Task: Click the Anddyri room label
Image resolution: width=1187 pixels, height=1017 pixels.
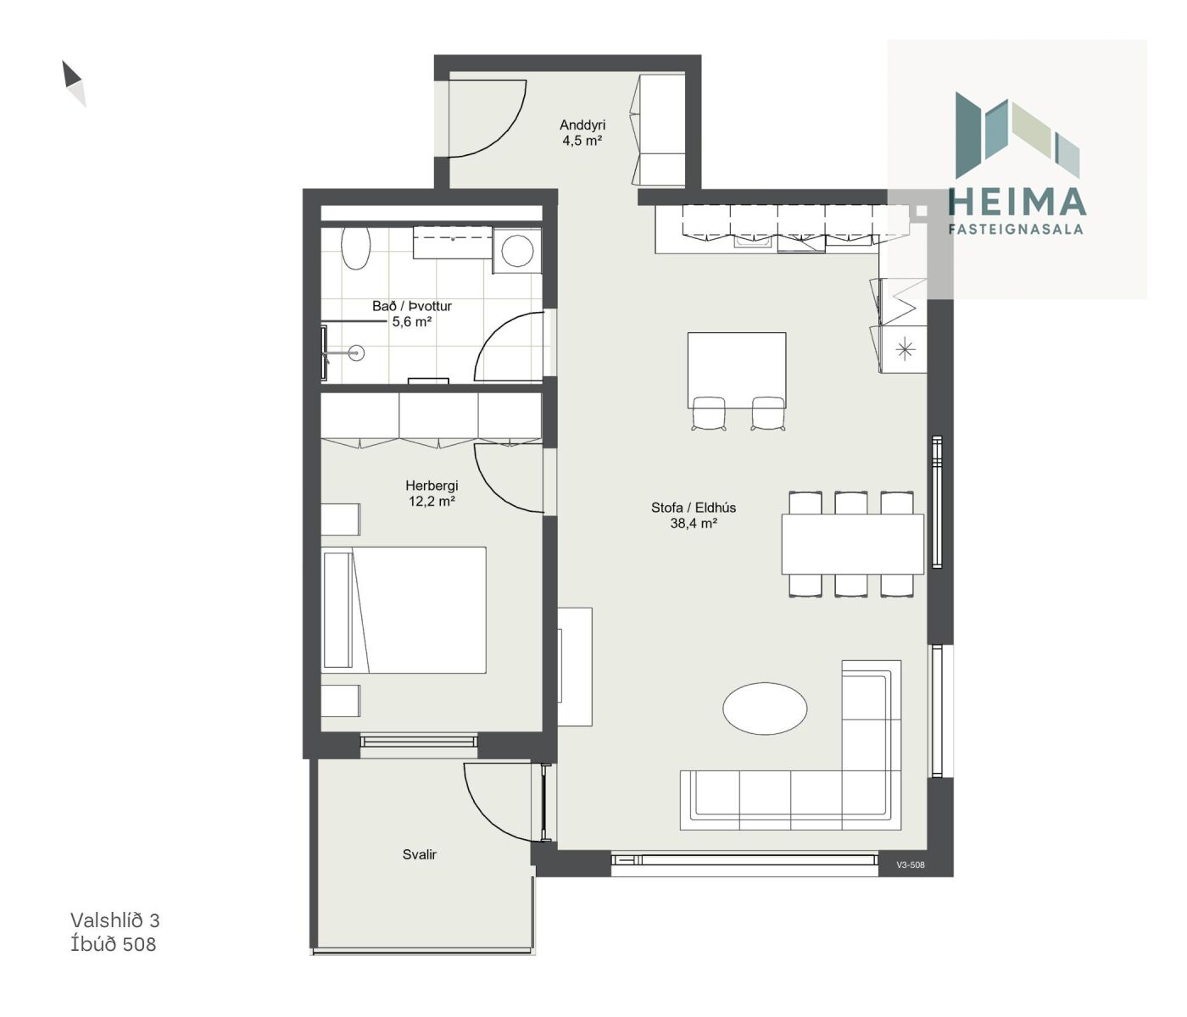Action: click(x=582, y=125)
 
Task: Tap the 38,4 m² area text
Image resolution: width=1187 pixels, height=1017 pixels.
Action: click(x=694, y=524)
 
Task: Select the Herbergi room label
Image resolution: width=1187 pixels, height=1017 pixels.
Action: click(x=432, y=486)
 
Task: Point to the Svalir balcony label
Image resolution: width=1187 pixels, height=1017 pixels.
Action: click(x=419, y=854)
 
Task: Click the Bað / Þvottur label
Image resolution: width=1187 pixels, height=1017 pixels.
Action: click(x=412, y=306)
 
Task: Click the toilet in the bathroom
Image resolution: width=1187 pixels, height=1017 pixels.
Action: click(x=355, y=248)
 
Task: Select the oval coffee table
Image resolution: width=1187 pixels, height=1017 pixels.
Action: click(x=764, y=709)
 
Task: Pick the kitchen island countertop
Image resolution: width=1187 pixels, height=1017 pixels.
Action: click(x=737, y=370)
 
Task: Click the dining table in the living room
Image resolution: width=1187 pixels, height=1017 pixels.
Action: click(x=852, y=543)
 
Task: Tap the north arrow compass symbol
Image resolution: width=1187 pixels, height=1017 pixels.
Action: click(x=74, y=83)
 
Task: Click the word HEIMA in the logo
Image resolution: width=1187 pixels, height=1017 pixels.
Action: click(x=1017, y=203)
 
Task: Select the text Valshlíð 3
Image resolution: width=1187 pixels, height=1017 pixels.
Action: click(x=114, y=920)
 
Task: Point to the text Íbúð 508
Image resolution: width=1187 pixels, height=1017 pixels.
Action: click(x=113, y=944)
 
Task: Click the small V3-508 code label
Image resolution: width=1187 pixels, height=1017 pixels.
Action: click(x=911, y=865)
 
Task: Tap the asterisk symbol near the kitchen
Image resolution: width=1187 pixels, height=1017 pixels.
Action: click(x=905, y=349)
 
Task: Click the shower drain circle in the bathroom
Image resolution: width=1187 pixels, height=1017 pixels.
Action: click(x=357, y=353)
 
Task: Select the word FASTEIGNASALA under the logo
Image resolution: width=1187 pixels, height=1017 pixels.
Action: click(x=1016, y=229)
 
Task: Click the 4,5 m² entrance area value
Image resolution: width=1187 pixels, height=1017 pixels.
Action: click(x=582, y=141)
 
